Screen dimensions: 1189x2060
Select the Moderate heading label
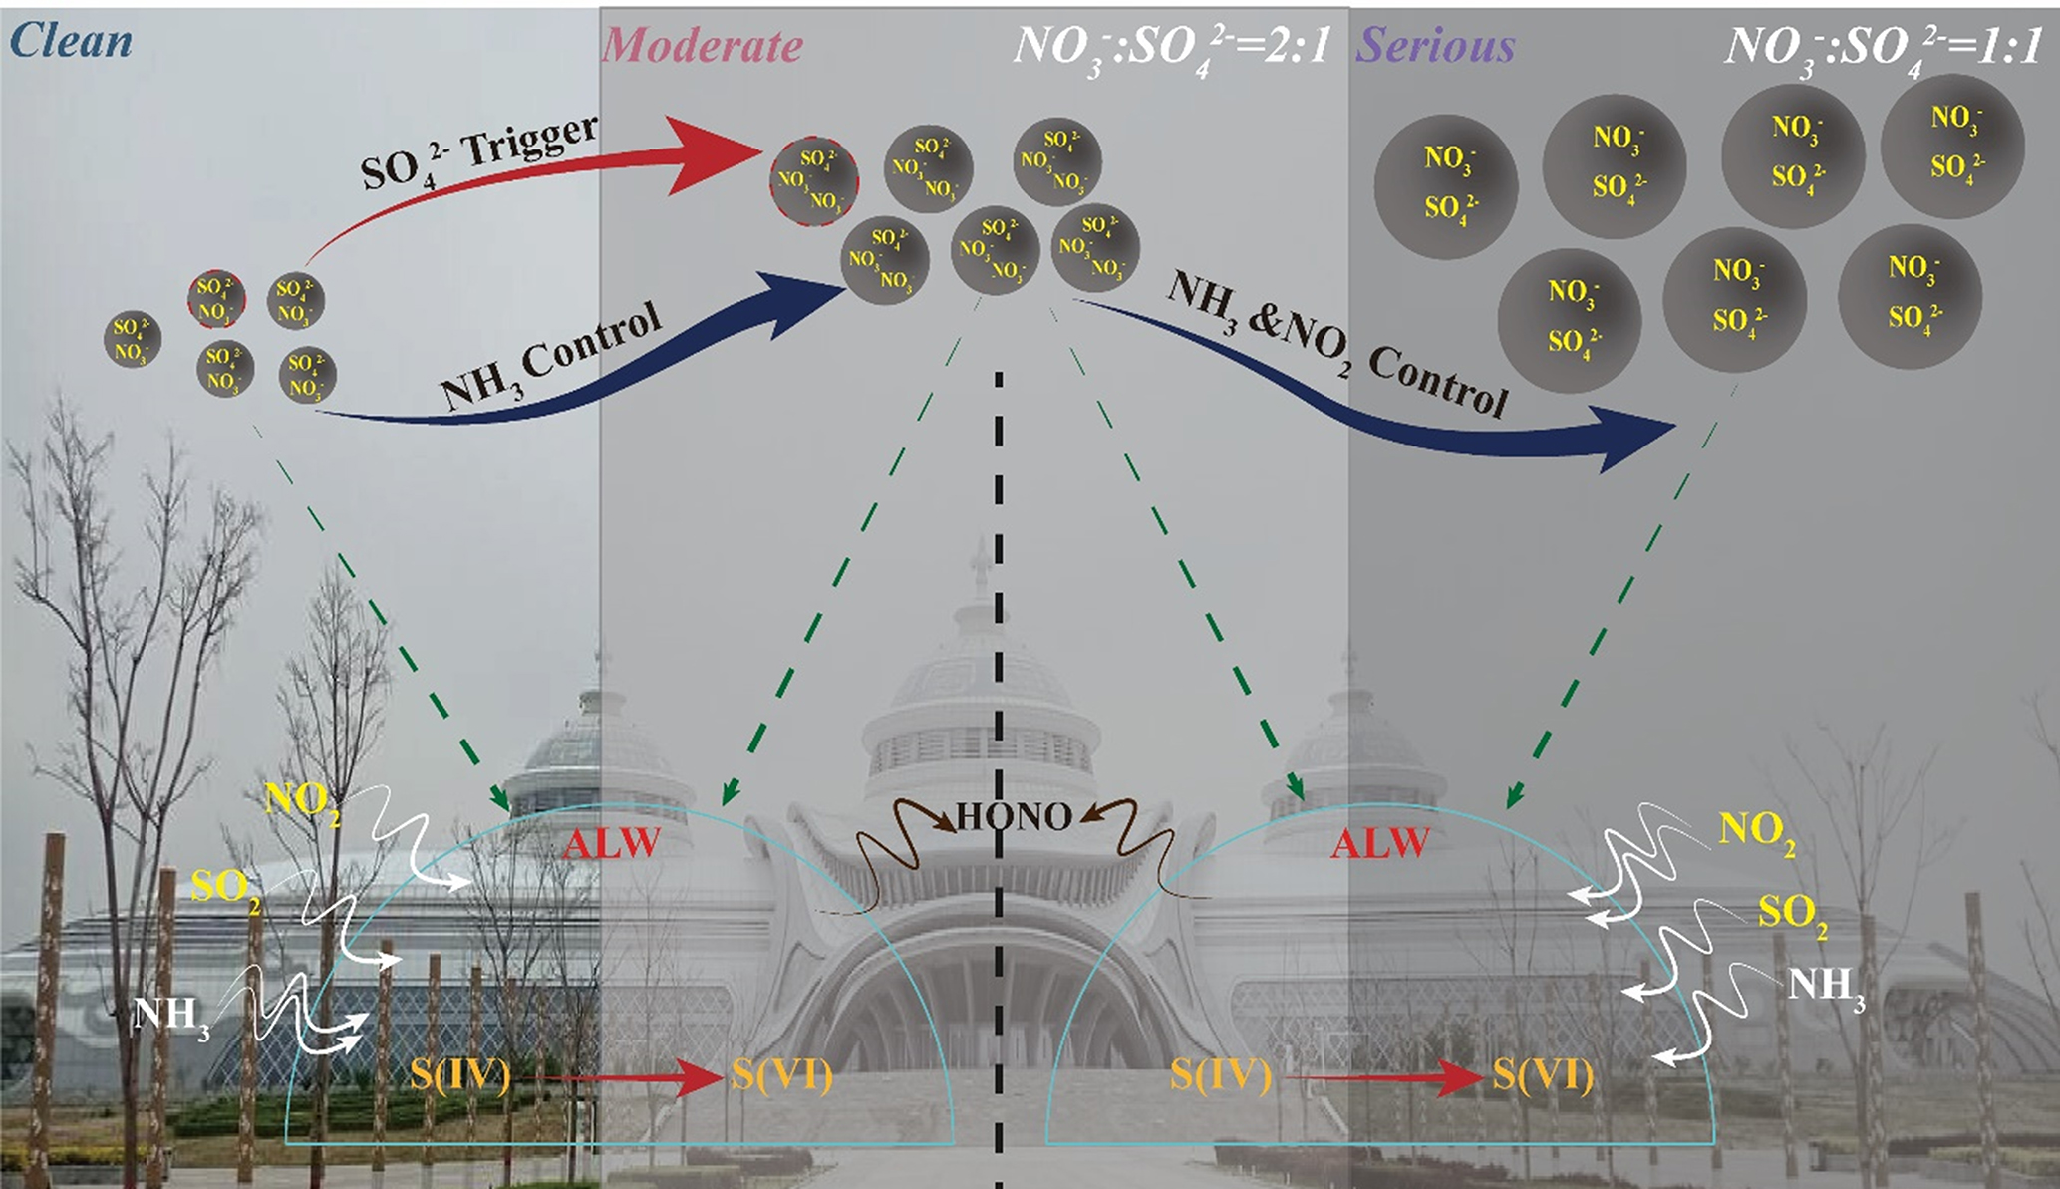point(703,46)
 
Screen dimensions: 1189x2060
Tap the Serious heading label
point(1436,46)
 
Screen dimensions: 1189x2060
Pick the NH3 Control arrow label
point(551,357)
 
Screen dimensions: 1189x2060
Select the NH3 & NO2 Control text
point(1336,343)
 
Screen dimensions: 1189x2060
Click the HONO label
point(1014,817)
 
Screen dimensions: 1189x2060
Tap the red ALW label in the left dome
point(611,845)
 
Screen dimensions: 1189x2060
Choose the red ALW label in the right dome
point(1380,845)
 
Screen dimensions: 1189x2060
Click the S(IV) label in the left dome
point(460,1075)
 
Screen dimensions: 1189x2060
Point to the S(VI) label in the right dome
point(1543,1075)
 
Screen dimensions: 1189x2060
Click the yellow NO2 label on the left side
point(302,801)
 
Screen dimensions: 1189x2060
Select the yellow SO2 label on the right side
point(1792,913)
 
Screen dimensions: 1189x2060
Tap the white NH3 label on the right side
point(1825,987)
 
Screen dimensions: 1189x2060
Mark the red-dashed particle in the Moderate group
point(813,180)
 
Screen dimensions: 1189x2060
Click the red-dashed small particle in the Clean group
point(216,299)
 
